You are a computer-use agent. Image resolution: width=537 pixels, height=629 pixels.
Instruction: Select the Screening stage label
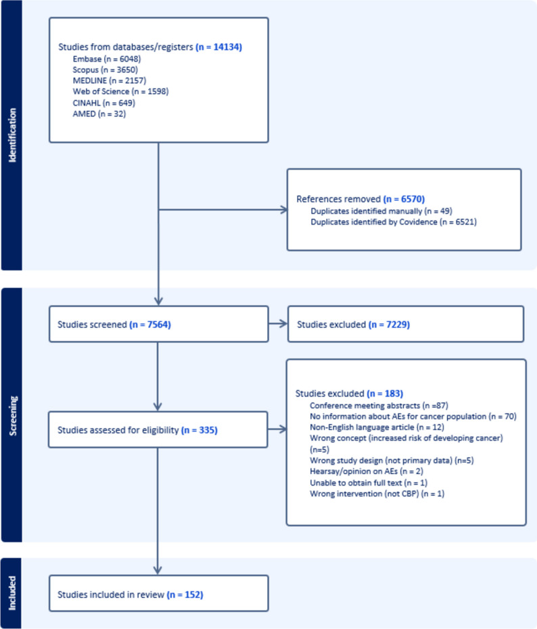pos(11,415)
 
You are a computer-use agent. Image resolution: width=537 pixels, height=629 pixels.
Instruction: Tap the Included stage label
pos(11,593)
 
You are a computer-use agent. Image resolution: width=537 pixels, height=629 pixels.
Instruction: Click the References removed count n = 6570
pos(404,200)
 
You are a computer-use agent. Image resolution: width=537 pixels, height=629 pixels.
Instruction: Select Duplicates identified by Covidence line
pos(394,222)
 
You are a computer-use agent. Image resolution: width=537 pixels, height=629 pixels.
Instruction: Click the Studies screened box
pos(158,324)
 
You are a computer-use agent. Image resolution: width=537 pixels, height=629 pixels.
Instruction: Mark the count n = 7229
pos(390,324)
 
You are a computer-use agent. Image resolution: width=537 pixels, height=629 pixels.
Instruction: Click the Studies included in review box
pos(158,594)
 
